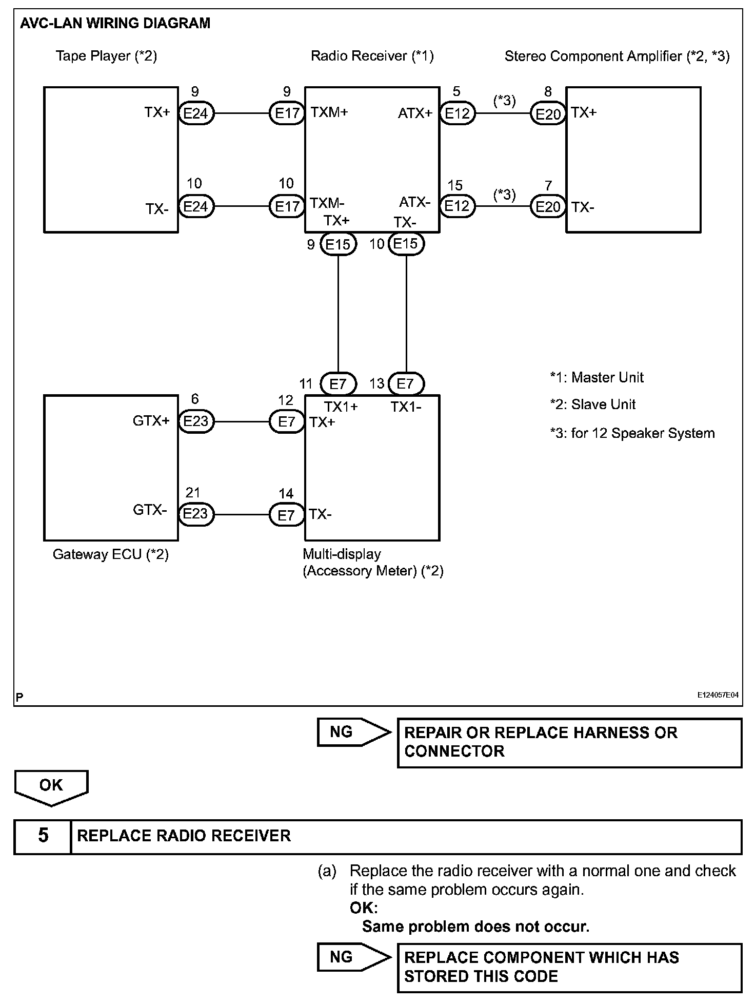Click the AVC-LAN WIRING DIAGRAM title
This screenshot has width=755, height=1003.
pyautogui.click(x=115, y=24)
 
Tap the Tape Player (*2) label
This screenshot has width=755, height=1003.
pyautogui.click(x=106, y=56)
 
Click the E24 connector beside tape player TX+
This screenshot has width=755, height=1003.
pyautogui.click(x=196, y=113)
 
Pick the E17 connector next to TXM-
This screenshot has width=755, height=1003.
pyautogui.click(x=287, y=206)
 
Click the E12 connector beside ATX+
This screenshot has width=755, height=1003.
pyautogui.click(x=457, y=113)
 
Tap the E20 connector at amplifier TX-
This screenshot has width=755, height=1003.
pyautogui.click(x=548, y=207)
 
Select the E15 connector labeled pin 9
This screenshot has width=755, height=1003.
pyautogui.click(x=337, y=244)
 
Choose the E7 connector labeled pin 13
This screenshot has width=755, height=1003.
pyautogui.click(x=405, y=383)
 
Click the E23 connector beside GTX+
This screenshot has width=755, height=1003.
pyautogui.click(x=196, y=421)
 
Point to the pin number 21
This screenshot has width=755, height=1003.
pyautogui.click(x=192, y=493)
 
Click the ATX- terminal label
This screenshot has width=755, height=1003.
pyautogui.click(x=414, y=202)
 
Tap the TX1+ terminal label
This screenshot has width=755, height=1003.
pyautogui.click(x=341, y=407)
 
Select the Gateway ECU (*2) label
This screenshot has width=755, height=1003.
pyautogui.click(x=110, y=554)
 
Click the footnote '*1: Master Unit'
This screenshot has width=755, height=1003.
pyautogui.click(x=597, y=378)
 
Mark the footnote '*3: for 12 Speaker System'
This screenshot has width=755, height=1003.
pyautogui.click(x=632, y=433)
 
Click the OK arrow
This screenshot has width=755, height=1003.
pyautogui.click(x=51, y=786)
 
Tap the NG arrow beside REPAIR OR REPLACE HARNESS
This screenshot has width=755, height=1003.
pyautogui.click(x=353, y=731)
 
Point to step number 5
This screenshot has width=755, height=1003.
pyautogui.click(x=43, y=836)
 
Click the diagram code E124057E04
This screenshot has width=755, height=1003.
pyautogui.click(x=718, y=695)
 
